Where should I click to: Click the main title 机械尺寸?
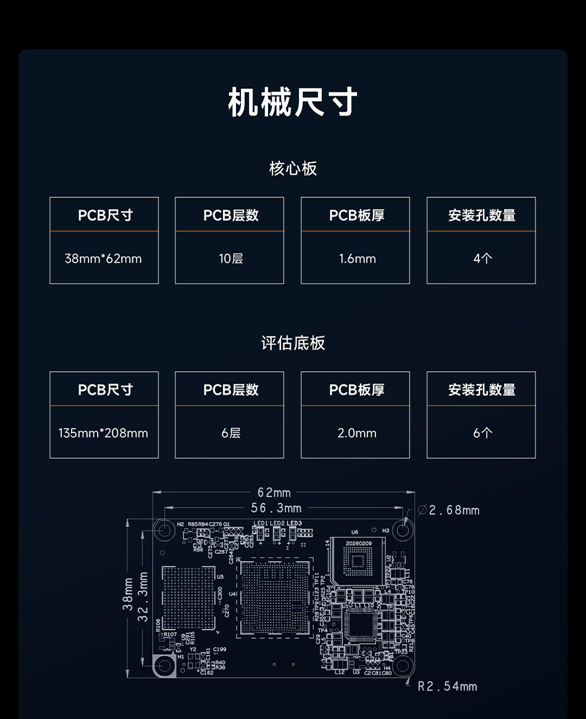[292, 102]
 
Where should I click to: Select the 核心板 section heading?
[293, 168]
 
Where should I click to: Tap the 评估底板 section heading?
[293, 343]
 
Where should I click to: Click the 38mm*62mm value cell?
[103, 259]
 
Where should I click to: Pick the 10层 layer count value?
[231, 259]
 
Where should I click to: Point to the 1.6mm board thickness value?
[357, 259]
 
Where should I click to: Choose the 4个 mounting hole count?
[482, 259]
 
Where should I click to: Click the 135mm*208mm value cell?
[103, 433]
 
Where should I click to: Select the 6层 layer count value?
[231, 433]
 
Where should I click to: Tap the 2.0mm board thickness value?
[357, 433]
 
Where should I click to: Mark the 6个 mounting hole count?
[482, 433]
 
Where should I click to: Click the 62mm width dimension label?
[274, 493]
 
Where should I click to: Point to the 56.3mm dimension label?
[276, 508]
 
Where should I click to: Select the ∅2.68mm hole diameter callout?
[449, 510]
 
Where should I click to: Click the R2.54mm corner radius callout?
[447, 686]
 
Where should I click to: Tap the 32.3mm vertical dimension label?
[143, 597]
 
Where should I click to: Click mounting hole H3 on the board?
[403, 530]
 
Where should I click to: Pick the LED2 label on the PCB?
[277, 524]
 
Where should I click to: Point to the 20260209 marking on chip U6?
[359, 543]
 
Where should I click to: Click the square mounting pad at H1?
[164, 666]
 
